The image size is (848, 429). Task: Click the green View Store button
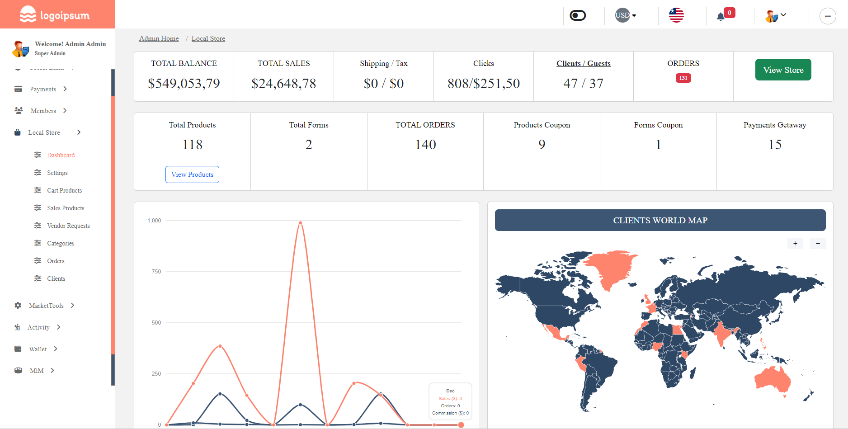tap(783, 70)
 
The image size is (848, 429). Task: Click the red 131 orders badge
tap(683, 78)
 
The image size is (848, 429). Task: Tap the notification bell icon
tap(721, 17)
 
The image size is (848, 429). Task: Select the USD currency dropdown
tap(626, 15)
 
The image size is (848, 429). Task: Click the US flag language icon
tap(676, 15)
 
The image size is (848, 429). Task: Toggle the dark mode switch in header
tap(578, 16)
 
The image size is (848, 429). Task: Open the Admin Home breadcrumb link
tap(159, 38)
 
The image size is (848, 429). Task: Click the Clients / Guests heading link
tap(583, 63)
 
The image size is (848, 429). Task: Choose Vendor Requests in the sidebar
tap(68, 226)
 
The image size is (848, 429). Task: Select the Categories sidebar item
tap(61, 243)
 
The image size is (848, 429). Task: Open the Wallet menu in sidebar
tap(38, 349)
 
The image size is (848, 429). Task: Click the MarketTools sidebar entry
tap(46, 306)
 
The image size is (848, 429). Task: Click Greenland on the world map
tap(612, 268)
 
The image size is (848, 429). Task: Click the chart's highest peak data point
tap(300, 223)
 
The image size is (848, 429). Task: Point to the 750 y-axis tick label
tap(156, 272)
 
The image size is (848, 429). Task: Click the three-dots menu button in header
tap(827, 16)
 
